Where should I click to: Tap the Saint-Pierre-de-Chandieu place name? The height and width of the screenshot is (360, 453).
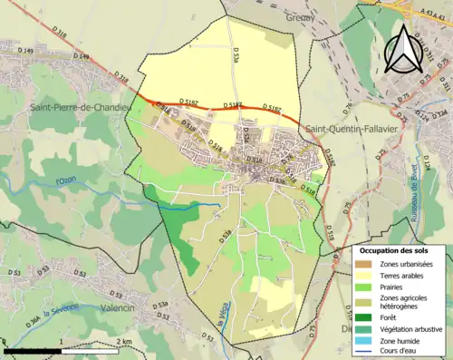pyautogui.click(x=78, y=109)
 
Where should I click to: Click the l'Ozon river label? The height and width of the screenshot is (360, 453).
pyautogui.click(x=66, y=180)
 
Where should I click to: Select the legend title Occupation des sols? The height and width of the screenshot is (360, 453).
pyautogui.click(x=395, y=250)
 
